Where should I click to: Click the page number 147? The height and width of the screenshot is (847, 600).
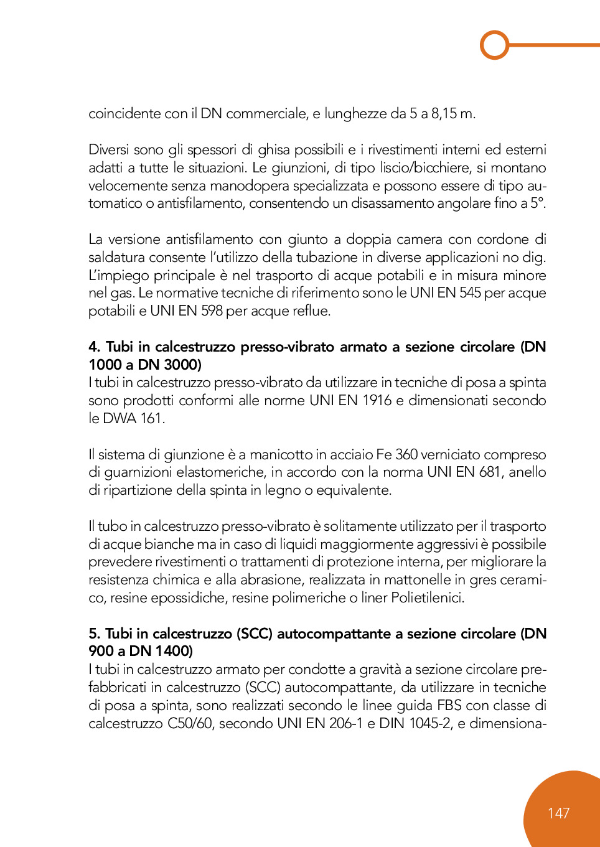tap(558, 813)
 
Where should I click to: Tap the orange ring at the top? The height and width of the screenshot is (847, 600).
tap(495, 45)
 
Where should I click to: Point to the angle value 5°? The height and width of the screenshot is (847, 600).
tap(538, 204)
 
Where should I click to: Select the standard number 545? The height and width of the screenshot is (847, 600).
tap(470, 293)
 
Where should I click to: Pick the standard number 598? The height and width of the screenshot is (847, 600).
tap(212, 311)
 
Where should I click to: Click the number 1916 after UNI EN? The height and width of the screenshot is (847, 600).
tap(377, 401)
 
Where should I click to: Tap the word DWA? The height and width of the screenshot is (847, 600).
tap(120, 419)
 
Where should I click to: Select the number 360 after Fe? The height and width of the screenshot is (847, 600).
tap(406, 455)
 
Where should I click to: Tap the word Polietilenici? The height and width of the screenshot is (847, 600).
tap(428, 598)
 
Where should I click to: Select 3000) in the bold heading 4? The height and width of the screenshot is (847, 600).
tap(183, 365)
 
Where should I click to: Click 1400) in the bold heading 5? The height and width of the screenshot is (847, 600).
tap(174, 652)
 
